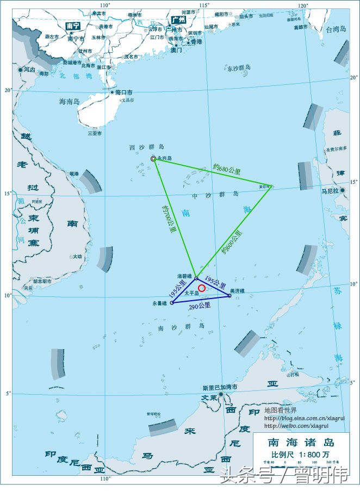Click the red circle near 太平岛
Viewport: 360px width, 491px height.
click(x=202, y=288)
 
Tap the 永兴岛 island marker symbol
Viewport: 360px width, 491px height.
click(x=153, y=159)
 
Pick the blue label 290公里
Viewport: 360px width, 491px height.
click(x=200, y=307)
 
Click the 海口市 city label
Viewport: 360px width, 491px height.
click(x=125, y=92)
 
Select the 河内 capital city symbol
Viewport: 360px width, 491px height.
click(x=21, y=70)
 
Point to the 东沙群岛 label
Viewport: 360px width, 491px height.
click(x=239, y=68)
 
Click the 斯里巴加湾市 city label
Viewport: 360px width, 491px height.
click(x=220, y=387)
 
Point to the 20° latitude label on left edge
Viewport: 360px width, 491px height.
click(x=8, y=90)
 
